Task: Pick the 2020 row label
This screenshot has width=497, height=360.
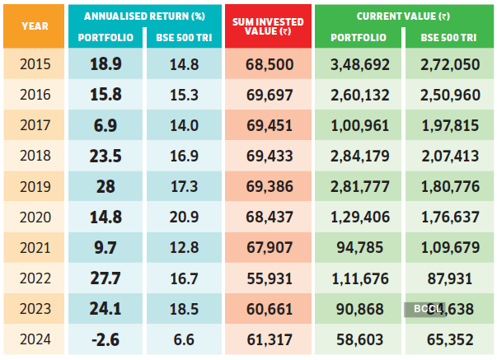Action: click(x=35, y=217)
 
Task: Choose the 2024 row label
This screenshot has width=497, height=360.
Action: click(x=35, y=339)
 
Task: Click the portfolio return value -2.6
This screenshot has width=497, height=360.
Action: click(x=105, y=339)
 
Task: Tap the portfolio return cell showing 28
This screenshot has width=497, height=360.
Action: click(x=105, y=186)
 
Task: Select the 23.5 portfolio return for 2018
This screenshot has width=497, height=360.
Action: click(x=105, y=156)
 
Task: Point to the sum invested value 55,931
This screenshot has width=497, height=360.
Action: click(x=269, y=278)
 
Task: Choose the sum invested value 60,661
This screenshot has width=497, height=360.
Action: click(x=269, y=308)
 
